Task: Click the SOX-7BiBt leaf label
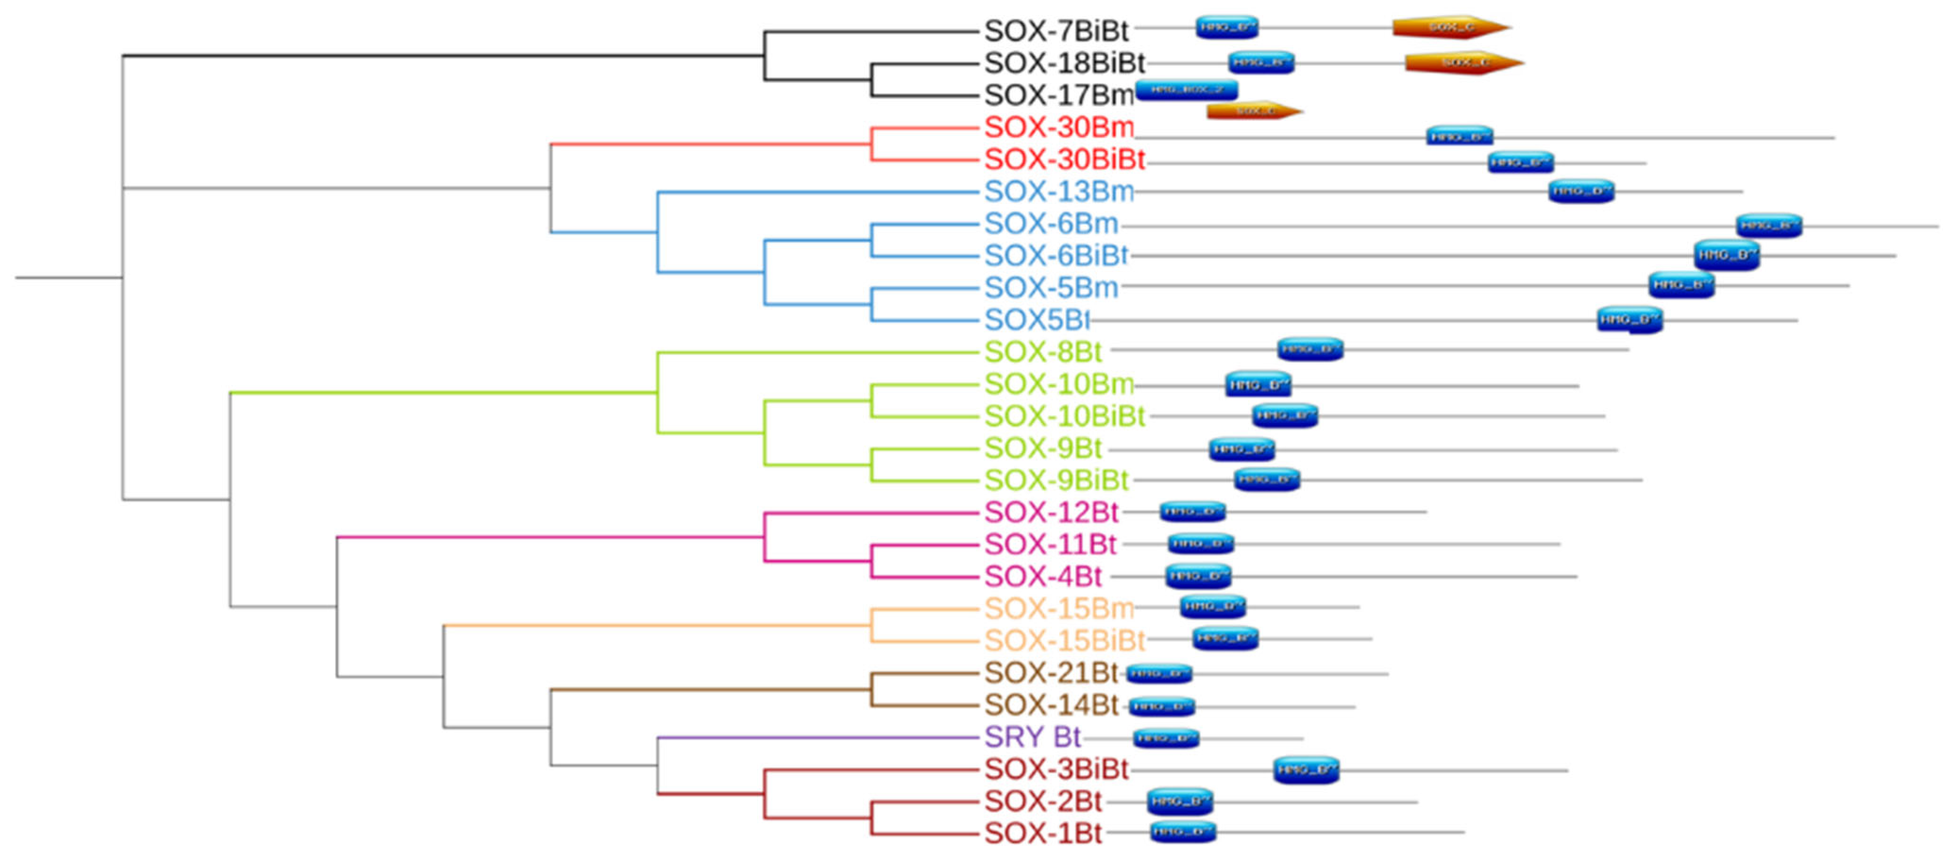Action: [x=1055, y=31]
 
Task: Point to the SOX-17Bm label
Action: [x=1059, y=96]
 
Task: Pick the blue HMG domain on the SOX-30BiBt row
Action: [x=1520, y=162]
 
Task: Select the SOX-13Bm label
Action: [x=1059, y=192]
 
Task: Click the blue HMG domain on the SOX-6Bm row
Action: [x=1768, y=225]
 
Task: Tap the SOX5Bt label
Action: [x=1037, y=320]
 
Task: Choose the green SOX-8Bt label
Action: [x=1043, y=352]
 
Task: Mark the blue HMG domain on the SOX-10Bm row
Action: [x=1258, y=385]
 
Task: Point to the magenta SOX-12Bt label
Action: [x=1051, y=512]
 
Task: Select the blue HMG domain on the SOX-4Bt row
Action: [x=1198, y=576]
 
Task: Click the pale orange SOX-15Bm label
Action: [x=1059, y=608]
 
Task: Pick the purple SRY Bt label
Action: [x=1032, y=737]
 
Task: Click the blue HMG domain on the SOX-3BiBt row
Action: [x=1306, y=770]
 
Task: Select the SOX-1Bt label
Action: [x=1043, y=833]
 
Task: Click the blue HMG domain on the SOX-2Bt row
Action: [x=1180, y=801]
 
